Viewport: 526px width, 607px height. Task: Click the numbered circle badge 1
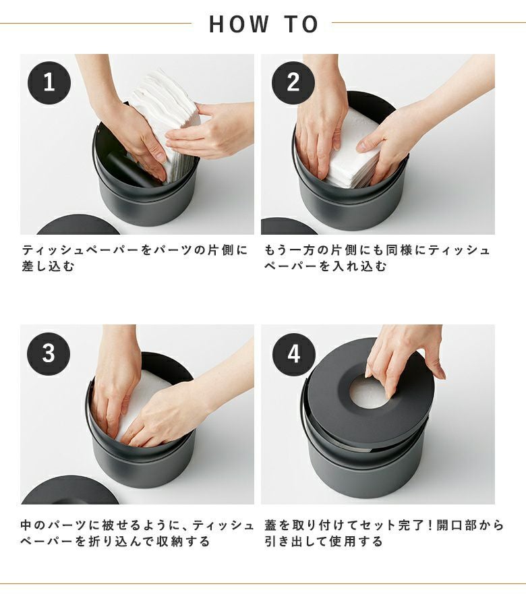[x=49, y=82]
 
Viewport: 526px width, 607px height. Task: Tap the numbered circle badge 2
[x=293, y=82]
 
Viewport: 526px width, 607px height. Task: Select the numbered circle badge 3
[x=49, y=353]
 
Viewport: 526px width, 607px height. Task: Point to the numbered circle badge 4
[x=294, y=354]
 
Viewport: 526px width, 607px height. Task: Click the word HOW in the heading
[x=239, y=24]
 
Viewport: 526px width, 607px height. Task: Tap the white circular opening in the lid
[x=370, y=393]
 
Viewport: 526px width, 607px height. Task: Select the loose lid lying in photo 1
[x=79, y=225]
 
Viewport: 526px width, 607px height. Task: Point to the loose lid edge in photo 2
[x=289, y=227]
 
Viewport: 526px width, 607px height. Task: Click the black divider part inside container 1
[x=129, y=171]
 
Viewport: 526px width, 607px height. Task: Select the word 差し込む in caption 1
[x=48, y=266]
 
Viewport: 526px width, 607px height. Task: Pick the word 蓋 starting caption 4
[x=270, y=525]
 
